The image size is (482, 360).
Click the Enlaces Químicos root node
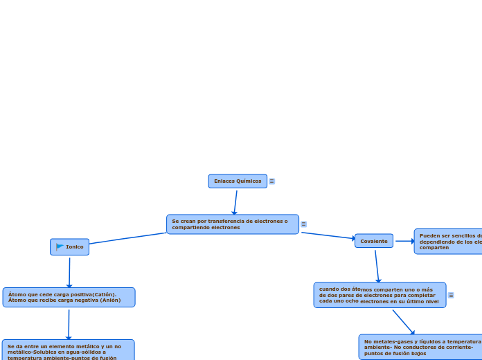[238, 181]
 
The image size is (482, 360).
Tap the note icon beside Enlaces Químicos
[272, 181]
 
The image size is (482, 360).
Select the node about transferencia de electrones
[233, 224]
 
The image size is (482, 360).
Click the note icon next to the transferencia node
[303, 224]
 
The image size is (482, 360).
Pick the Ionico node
[69, 247]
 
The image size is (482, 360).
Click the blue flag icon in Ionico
[60, 247]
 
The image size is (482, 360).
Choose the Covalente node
[374, 241]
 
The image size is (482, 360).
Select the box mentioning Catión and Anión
[69, 297]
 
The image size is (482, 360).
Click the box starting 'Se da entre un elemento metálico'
[68, 350]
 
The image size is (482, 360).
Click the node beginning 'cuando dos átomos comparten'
[380, 295]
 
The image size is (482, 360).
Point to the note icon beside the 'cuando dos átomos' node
[451, 295]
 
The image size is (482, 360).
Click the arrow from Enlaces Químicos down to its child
[235, 201]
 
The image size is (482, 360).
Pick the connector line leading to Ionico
[128, 238]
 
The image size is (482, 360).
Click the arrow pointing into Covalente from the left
[328, 235]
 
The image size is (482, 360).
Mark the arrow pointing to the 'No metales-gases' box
[404, 322]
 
